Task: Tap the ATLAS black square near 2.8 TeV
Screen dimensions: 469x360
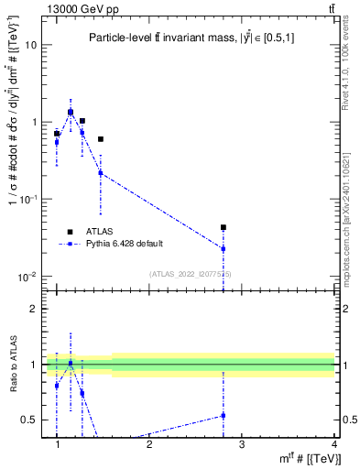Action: click(x=224, y=227)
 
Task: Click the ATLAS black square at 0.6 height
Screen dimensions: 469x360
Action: click(x=101, y=139)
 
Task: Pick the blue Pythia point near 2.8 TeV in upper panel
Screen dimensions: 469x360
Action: click(x=224, y=248)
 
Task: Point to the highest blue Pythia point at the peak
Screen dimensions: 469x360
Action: click(x=71, y=112)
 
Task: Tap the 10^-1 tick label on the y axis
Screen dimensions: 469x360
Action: click(x=28, y=199)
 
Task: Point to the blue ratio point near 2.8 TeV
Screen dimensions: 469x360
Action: click(x=224, y=415)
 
